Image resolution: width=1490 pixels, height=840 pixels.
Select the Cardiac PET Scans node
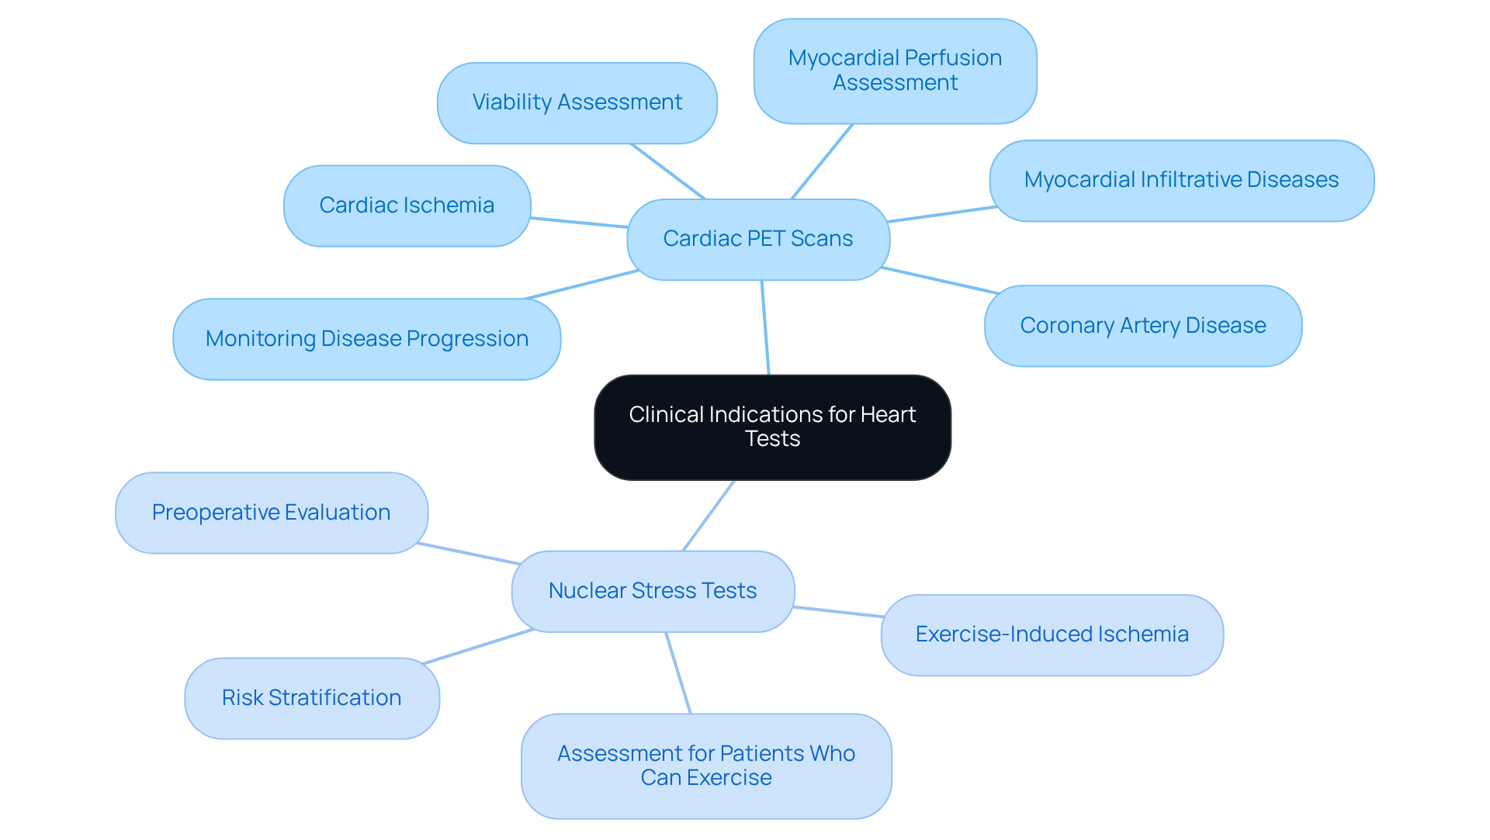point(757,239)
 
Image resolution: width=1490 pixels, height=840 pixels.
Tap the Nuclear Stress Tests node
point(653,591)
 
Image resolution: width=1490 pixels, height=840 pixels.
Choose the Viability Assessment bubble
point(577,102)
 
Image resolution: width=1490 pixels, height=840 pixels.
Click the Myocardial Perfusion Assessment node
point(895,71)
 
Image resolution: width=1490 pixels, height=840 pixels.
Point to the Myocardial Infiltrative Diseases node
point(1181,180)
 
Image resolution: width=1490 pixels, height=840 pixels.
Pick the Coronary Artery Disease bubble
point(1142,326)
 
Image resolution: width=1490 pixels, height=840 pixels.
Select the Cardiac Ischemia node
point(407,206)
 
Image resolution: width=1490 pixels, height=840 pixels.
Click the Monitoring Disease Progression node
point(366,339)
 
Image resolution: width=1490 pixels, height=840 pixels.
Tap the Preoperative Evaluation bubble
point(271,513)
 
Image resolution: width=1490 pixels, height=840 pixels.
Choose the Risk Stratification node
point(311,698)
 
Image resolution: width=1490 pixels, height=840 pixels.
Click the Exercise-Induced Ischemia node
point(1052,634)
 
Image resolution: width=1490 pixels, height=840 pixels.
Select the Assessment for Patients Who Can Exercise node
point(705,766)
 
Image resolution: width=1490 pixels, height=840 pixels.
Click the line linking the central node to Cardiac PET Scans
point(765,327)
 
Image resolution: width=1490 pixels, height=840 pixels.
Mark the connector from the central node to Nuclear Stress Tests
point(709,515)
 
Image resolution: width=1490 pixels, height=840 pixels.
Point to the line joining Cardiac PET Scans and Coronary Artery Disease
point(939,280)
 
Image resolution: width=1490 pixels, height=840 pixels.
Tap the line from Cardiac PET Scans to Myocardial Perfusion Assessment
point(822,161)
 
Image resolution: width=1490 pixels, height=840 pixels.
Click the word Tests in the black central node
point(772,439)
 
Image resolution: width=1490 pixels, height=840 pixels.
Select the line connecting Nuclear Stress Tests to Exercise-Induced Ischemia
point(838,612)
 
